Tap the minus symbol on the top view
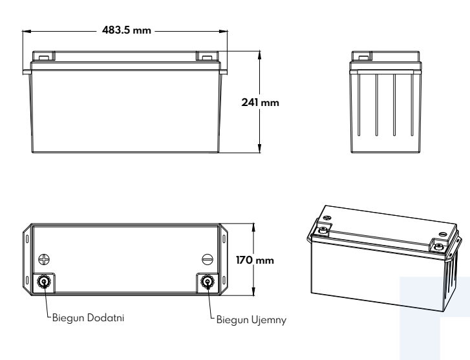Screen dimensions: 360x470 207,259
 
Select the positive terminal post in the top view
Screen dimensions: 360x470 45,282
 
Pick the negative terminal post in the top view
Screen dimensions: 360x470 208,282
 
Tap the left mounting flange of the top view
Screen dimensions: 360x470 28,259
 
